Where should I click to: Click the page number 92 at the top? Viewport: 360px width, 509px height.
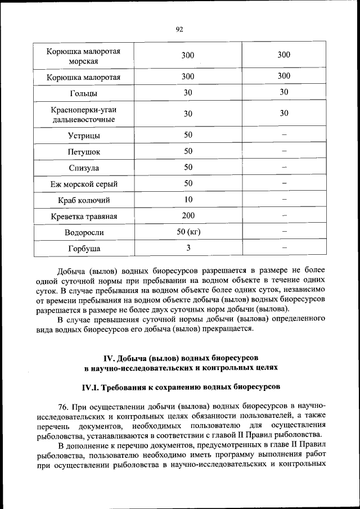pos(179,30)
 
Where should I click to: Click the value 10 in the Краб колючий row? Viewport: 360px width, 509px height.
pos(188,200)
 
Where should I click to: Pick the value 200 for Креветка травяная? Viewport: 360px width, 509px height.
pos(188,216)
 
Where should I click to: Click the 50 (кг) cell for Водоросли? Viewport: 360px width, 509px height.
pos(188,232)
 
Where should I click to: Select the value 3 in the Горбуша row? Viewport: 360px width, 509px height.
pos(188,247)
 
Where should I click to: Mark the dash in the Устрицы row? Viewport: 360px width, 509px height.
pos(284,135)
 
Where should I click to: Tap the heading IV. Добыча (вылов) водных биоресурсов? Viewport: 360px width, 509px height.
pos(181,358)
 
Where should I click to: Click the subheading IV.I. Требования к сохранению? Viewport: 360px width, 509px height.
pos(181,388)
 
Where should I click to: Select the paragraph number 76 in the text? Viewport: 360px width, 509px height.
pos(63,406)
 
